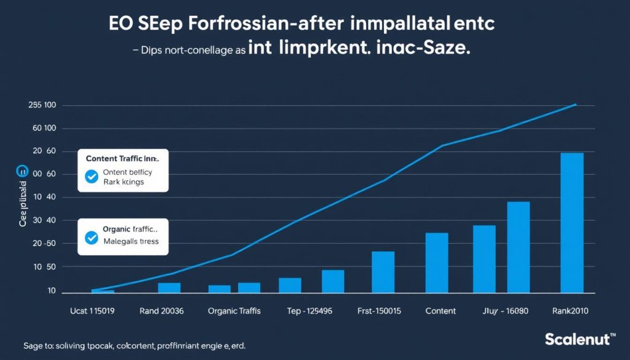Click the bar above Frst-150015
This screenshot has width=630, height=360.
(x=383, y=271)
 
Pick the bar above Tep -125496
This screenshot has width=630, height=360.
(x=333, y=281)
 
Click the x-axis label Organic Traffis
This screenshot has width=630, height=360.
(x=234, y=311)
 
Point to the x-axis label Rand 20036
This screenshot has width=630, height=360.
(x=162, y=311)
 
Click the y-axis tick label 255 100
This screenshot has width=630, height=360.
(x=42, y=105)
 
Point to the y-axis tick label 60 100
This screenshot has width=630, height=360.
(x=42, y=129)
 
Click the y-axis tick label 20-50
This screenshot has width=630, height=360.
(x=42, y=244)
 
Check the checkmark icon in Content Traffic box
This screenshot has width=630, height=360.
(x=92, y=177)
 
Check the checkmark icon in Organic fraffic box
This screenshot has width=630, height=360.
(x=92, y=238)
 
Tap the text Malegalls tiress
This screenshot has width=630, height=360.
(x=130, y=241)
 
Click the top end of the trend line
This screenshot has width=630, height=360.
(x=575, y=105)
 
